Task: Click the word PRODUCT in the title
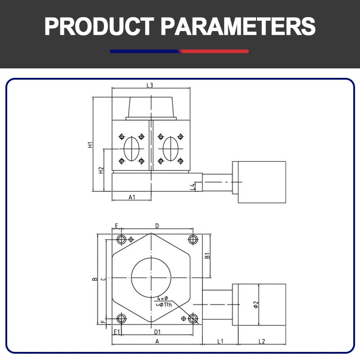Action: click(99, 27)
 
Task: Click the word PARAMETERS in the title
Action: click(238, 27)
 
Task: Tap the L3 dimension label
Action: click(150, 85)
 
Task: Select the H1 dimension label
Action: click(90, 144)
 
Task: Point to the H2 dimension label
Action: click(101, 170)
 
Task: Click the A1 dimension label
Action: click(132, 197)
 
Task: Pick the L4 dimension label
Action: click(193, 186)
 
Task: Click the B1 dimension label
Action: click(207, 256)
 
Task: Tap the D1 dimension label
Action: click(157, 332)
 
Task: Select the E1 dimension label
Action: click(117, 332)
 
